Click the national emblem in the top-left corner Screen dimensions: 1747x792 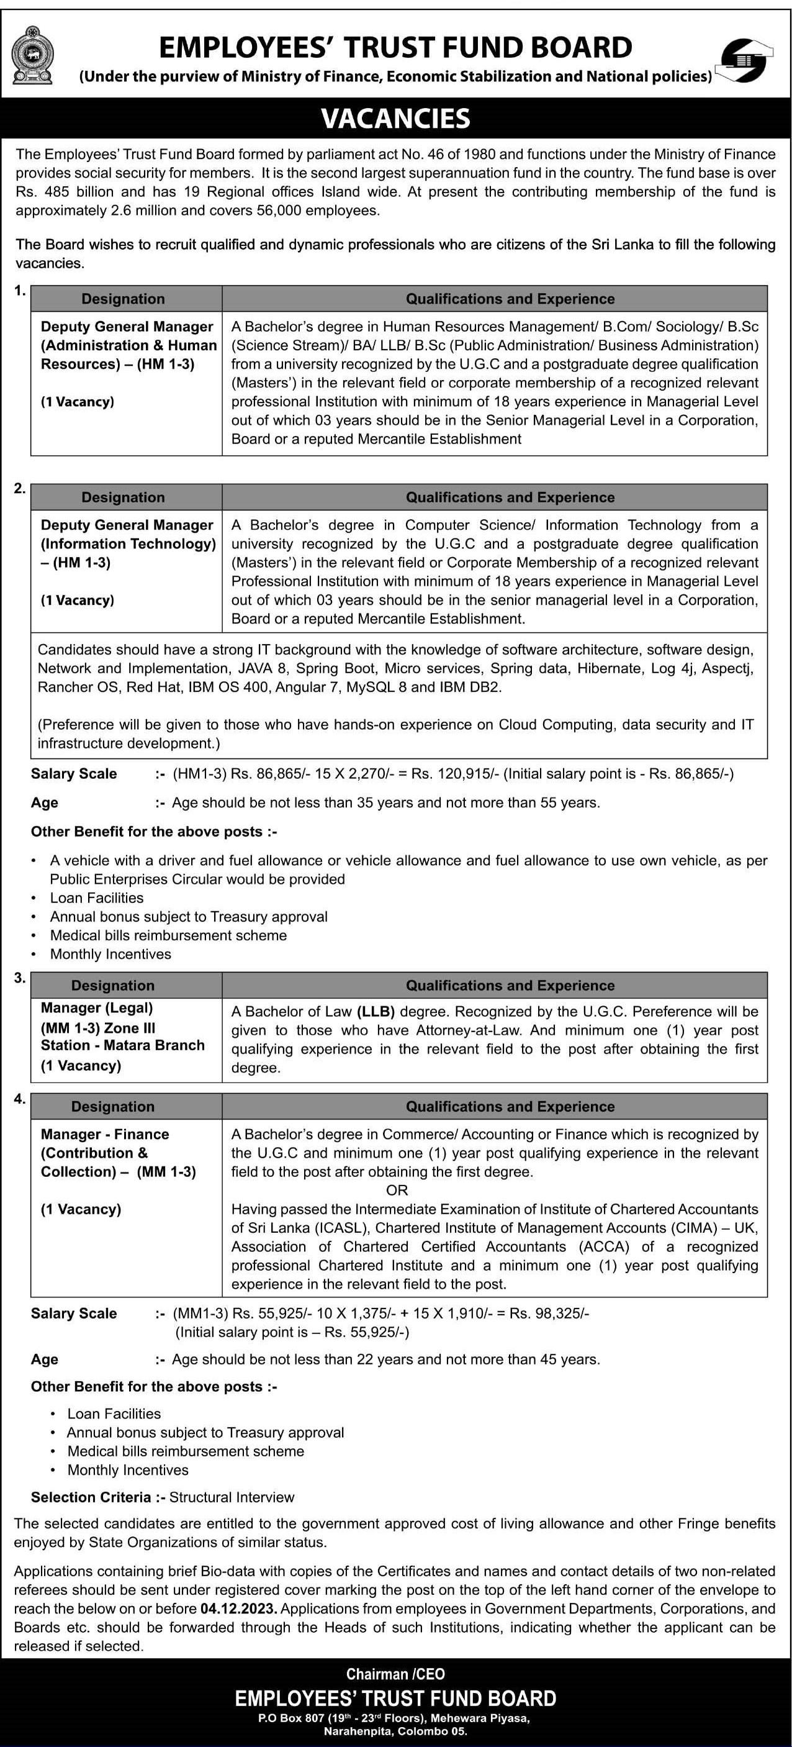pos(32,54)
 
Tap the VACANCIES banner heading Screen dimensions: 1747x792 pos(396,119)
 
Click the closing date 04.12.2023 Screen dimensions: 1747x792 pos(237,1609)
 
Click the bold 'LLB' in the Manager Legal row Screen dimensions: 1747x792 pos(376,1011)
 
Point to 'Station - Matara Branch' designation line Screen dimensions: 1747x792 pos(122,1045)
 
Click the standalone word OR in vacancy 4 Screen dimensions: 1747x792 pos(397,1190)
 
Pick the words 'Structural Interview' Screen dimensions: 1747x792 pos(232,1497)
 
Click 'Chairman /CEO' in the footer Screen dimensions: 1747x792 pos(395,1674)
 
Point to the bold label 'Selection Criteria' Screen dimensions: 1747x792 pos(90,1497)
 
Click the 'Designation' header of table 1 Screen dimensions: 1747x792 pos(123,299)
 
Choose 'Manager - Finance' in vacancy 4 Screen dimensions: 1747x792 pos(104,1134)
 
